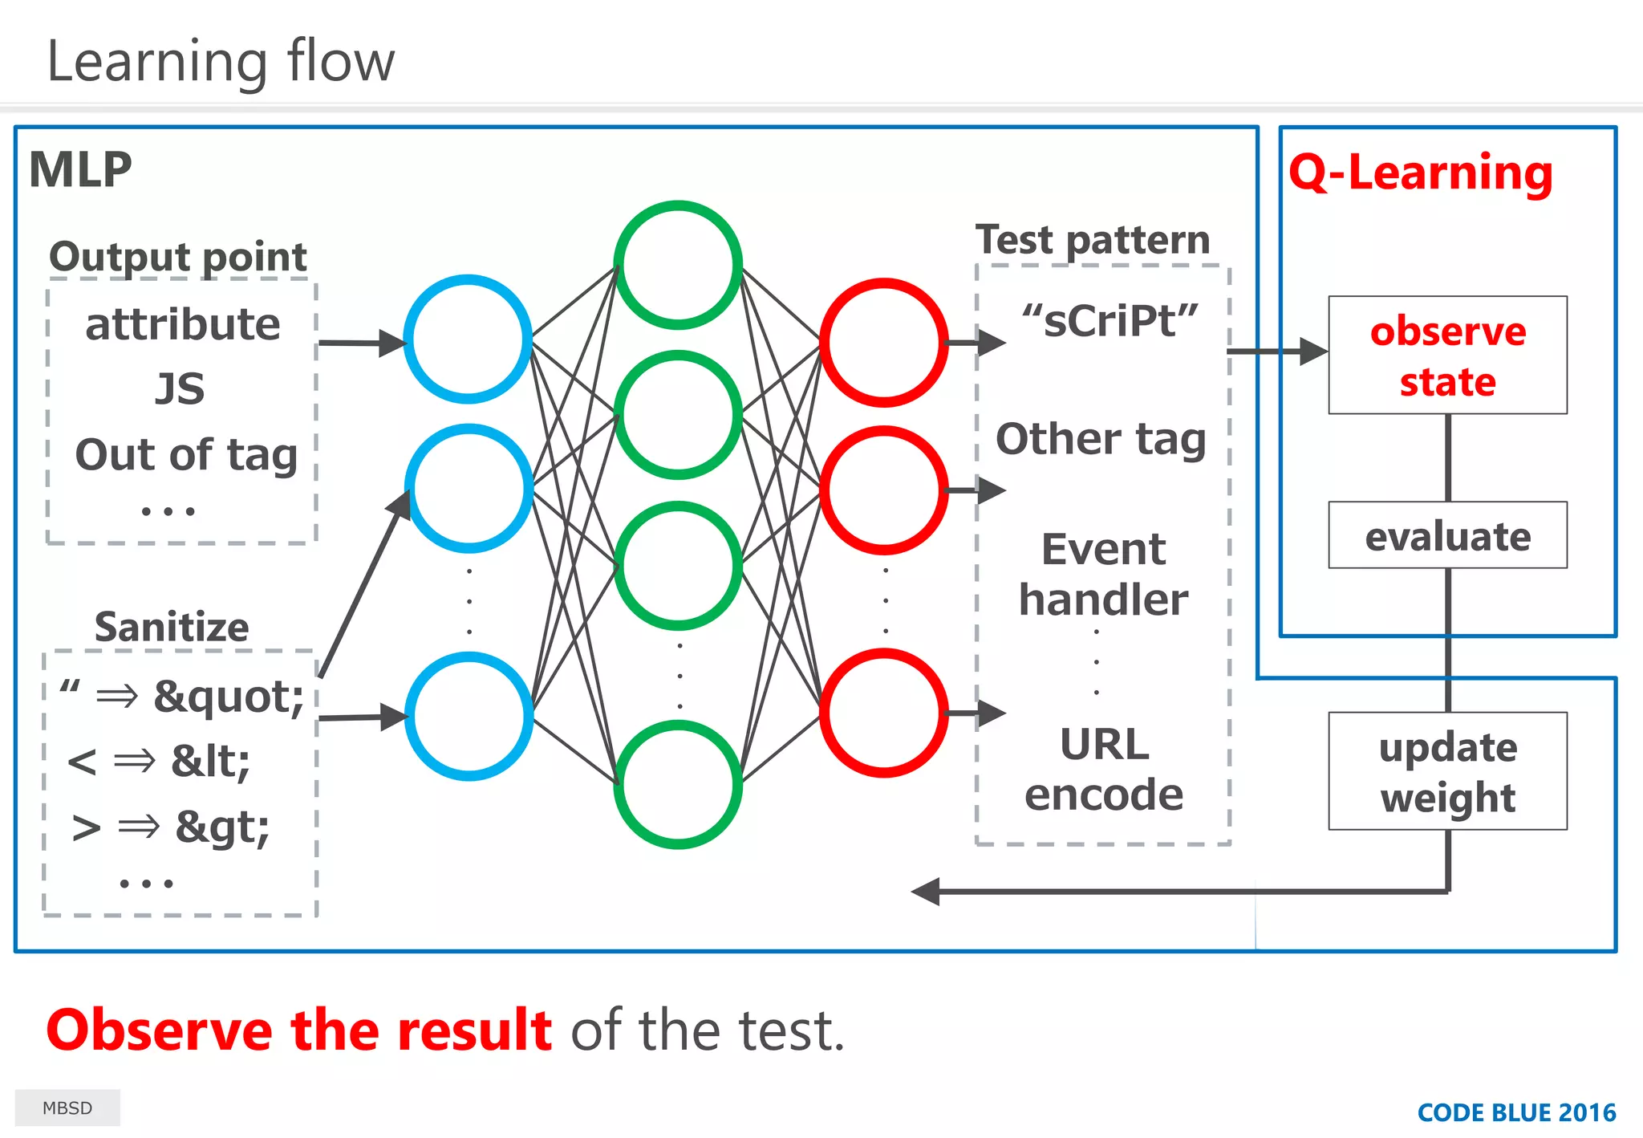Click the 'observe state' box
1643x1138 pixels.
[1447, 356]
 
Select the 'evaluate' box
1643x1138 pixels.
[1447, 535]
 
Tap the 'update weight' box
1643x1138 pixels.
[1447, 771]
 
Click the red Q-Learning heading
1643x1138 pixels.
[1421, 173]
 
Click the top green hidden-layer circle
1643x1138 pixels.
[678, 265]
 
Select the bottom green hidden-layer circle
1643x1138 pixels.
[678, 784]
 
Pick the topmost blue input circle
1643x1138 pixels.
[468, 339]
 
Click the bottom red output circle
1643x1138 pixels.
[884, 713]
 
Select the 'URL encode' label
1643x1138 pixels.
[1104, 769]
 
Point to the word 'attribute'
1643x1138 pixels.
[183, 324]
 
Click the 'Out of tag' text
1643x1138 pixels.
[186, 454]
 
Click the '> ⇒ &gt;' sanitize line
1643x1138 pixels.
[170, 827]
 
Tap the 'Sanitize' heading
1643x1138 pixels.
[172, 627]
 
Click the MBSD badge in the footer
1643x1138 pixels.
[67, 1108]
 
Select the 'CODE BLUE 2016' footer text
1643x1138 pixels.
[1516, 1112]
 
